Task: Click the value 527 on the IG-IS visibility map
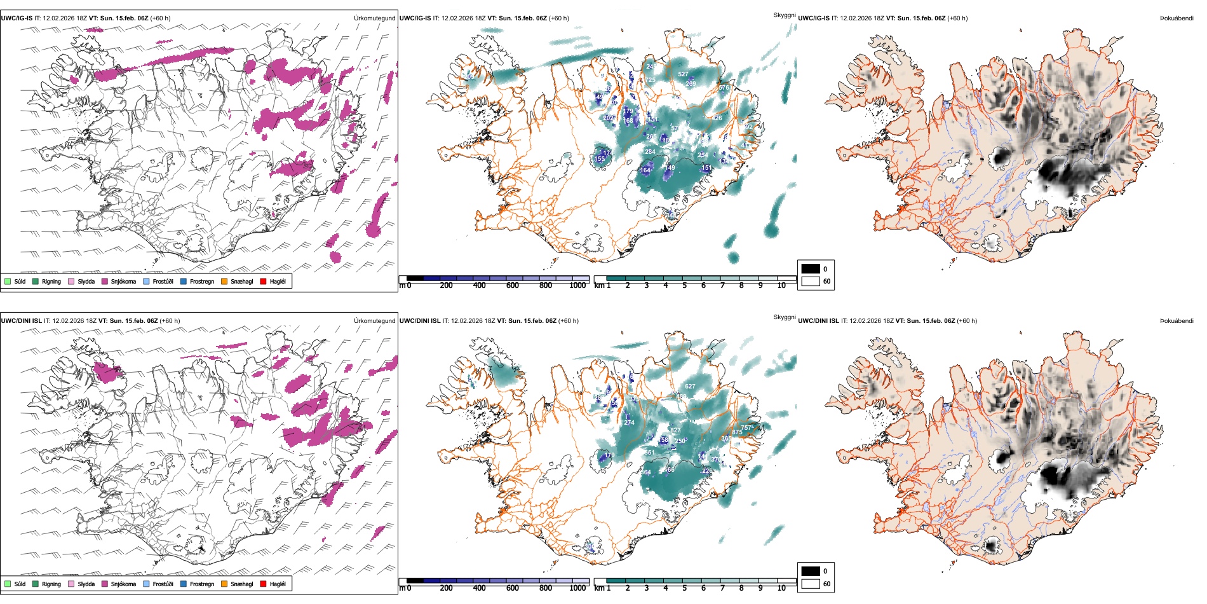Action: tap(682, 74)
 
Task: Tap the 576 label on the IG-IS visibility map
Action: tap(724, 88)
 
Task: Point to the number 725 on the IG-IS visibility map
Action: tap(650, 80)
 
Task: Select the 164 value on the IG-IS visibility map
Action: tap(645, 170)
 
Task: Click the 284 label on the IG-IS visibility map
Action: tap(649, 152)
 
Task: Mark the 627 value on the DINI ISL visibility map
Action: tap(690, 387)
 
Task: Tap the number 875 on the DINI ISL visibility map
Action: tap(736, 432)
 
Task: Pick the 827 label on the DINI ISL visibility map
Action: tap(675, 430)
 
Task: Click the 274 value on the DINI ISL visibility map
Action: tap(629, 422)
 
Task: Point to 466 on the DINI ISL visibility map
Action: tap(668, 470)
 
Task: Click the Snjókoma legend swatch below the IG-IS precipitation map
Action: tap(104, 281)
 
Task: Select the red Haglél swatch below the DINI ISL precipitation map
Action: tap(263, 584)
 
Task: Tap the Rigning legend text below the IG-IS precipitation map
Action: tap(51, 281)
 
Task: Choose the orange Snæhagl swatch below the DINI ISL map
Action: tap(224, 584)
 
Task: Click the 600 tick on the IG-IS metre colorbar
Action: tap(513, 285)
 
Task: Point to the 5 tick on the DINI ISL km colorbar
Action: tap(685, 588)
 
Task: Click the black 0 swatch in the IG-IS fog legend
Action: tap(811, 269)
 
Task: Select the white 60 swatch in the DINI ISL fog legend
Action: tap(811, 584)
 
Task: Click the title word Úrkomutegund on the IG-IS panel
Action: tap(374, 18)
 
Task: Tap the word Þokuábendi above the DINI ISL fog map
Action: tap(1177, 320)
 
